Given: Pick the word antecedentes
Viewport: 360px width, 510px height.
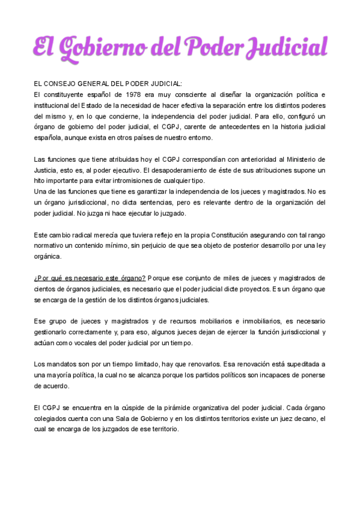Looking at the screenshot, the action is coord(219,127).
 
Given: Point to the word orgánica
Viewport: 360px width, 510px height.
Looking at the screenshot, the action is coord(48,257).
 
